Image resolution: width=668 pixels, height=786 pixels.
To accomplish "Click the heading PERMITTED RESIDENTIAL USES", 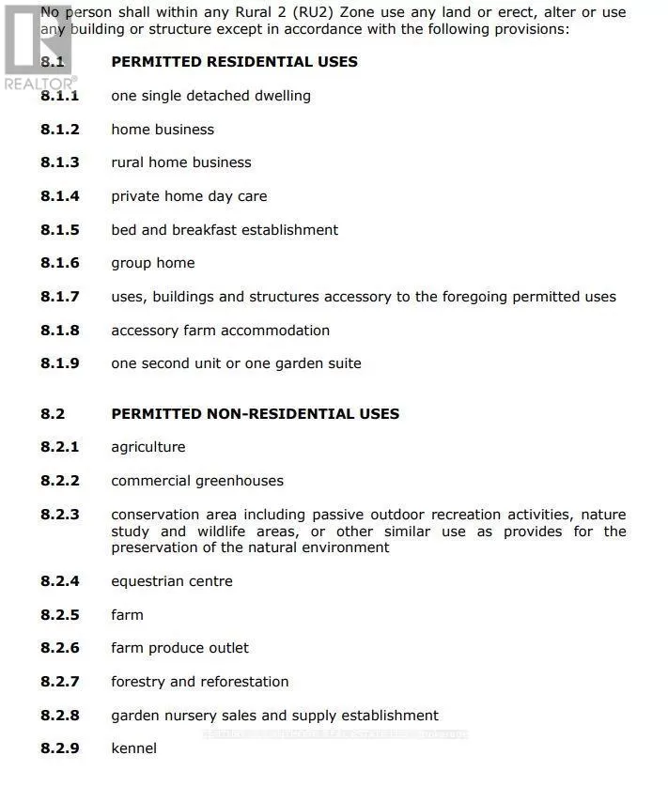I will point(234,62).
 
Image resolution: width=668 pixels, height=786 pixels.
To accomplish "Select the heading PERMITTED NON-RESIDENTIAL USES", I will point(255,414).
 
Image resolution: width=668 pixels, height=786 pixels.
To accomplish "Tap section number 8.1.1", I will point(60,96).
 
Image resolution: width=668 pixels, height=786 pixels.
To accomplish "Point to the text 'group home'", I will point(153,263).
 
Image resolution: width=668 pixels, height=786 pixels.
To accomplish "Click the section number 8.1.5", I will point(60,230).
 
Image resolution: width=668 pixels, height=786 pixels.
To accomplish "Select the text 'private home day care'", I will point(189,196).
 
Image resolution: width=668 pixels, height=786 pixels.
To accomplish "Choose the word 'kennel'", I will point(133,748).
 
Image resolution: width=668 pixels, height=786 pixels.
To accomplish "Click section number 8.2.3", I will point(60,515).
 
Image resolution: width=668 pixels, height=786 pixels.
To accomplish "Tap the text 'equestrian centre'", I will point(172,581).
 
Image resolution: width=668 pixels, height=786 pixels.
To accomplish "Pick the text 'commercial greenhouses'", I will point(197,481).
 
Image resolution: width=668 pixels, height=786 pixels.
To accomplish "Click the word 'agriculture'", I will point(148,447).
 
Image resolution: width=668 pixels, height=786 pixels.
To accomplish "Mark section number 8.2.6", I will point(60,648).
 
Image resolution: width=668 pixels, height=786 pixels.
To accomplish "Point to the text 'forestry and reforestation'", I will point(200,682).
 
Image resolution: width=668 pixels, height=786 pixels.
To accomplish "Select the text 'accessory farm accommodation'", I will point(221,331).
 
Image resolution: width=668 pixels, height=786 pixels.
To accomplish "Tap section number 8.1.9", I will point(60,363).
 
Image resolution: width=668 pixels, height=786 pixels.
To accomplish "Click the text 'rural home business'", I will point(181,162).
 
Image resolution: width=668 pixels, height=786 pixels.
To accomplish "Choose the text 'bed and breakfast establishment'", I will point(225,230).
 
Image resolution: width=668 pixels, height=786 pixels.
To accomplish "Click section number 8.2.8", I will point(60,716).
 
